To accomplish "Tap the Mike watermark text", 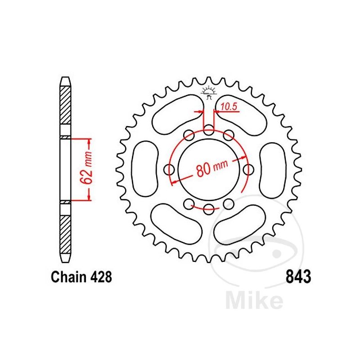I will [x=254, y=300].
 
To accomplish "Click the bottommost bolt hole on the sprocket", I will [x=208, y=207].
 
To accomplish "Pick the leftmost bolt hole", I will [x=170, y=169].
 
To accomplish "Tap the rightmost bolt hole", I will [x=247, y=169].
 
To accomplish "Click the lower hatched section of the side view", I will [x=65, y=232].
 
